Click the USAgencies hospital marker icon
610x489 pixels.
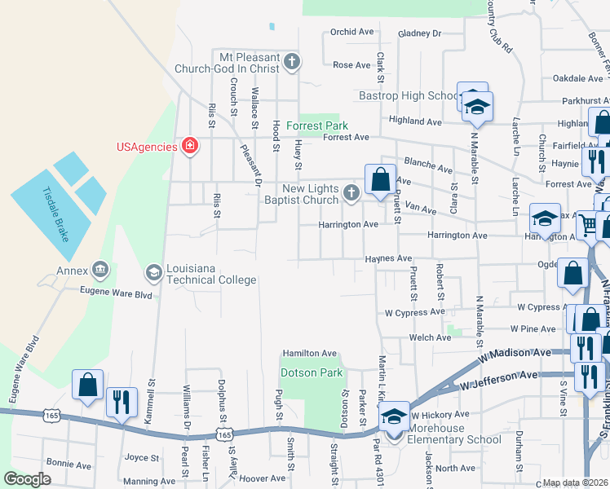[x=190, y=146]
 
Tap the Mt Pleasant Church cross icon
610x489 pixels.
[x=292, y=61]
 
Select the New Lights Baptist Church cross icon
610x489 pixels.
[x=351, y=193]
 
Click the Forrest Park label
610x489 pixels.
[x=322, y=126]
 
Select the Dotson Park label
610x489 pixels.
[x=311, y=372]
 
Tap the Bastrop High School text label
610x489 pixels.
[x=409, y=95]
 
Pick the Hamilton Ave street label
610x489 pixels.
[x=310, y=353]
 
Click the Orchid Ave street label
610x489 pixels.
[x=351, y=32]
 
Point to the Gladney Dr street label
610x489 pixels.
[x=419, y=33]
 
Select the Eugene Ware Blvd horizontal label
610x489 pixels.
[x=116, y=292]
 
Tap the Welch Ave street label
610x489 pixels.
[x=431, y=337]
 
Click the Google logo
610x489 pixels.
[x=27, y=479]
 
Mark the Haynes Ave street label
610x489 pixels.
[x=388, y=258]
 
